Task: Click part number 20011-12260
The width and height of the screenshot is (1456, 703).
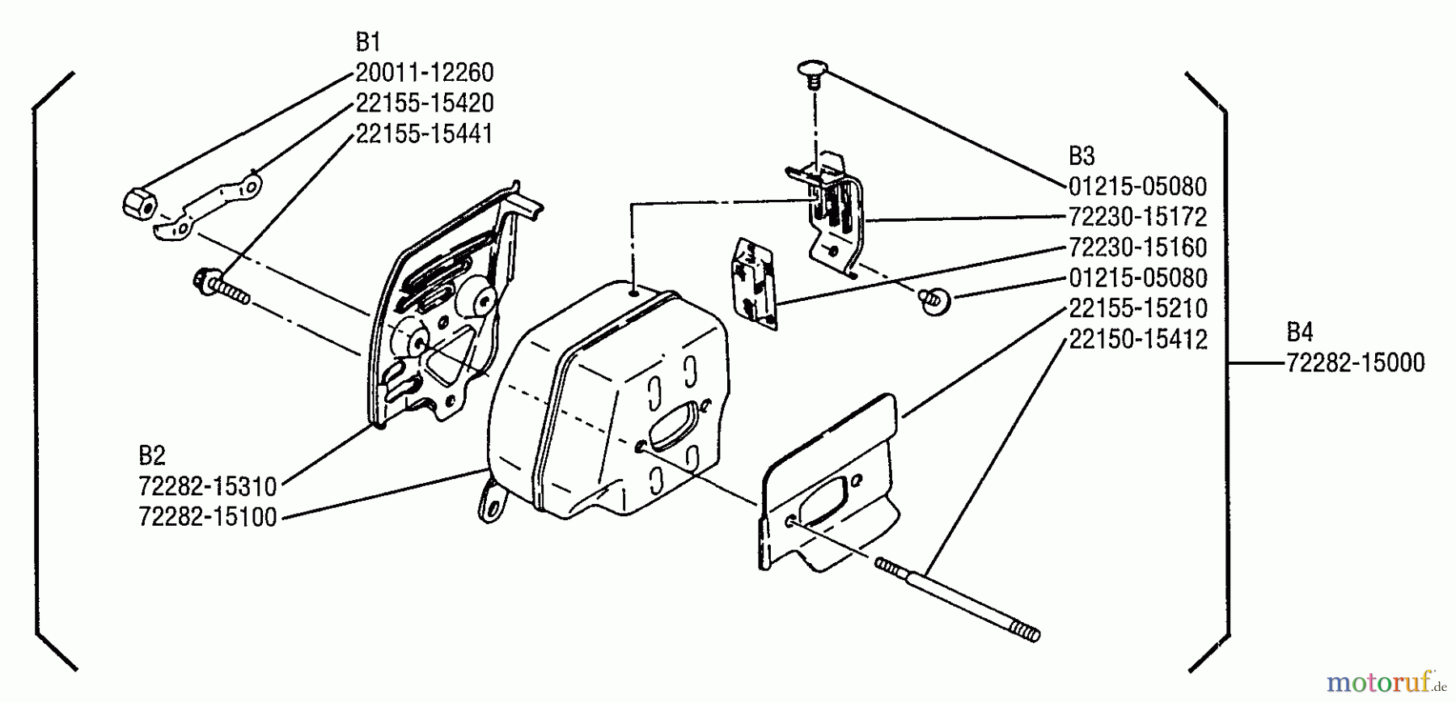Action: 424,73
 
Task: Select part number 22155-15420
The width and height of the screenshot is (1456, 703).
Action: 424,104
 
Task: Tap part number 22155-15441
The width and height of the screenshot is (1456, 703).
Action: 424,133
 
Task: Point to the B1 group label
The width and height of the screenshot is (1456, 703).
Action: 368,42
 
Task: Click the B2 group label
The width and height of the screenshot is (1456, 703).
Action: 152,456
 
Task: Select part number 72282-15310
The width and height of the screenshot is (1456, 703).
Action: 208,487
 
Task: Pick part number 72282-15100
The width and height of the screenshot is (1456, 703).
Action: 208,517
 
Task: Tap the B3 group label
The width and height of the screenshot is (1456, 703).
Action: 1081,156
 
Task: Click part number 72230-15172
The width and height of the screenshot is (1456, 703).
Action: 1137,217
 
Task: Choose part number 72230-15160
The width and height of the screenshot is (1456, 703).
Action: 1137,248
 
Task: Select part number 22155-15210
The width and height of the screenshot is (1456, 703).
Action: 1137,308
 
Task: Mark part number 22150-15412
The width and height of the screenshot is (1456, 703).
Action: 1137,339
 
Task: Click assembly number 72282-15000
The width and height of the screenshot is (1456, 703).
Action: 1355,362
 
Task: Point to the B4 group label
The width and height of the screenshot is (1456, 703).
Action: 1300,332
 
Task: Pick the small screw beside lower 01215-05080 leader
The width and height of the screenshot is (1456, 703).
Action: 934,301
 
